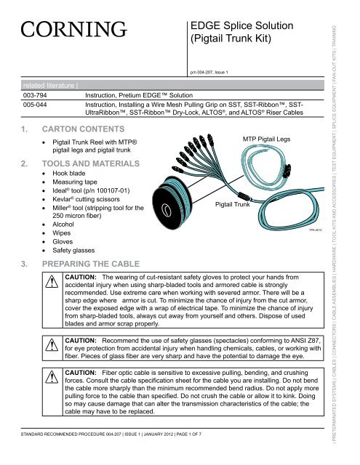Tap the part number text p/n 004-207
coord(209,73)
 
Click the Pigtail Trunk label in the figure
coord(236,206)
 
